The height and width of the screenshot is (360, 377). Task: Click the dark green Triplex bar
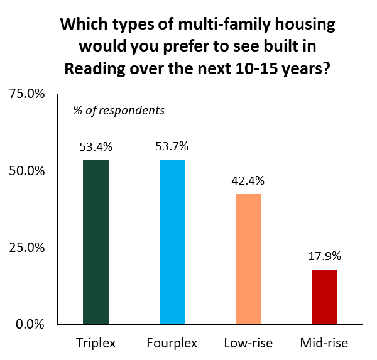pos(96,243)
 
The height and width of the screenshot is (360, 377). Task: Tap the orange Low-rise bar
pos(248,259)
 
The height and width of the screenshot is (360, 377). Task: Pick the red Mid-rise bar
pos(324,297)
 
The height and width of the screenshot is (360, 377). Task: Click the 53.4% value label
pos(96,148)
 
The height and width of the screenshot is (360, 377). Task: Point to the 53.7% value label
pos(172,146)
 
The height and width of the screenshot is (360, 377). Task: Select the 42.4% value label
pos(248,181)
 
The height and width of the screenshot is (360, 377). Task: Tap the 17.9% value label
pos(324,256)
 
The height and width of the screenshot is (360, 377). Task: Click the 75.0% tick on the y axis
pos(26,94)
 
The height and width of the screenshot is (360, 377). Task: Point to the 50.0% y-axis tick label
pos(26,171)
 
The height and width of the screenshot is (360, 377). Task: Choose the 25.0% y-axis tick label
pos(26,248)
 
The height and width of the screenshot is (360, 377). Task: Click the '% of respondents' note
pos(119,111)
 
